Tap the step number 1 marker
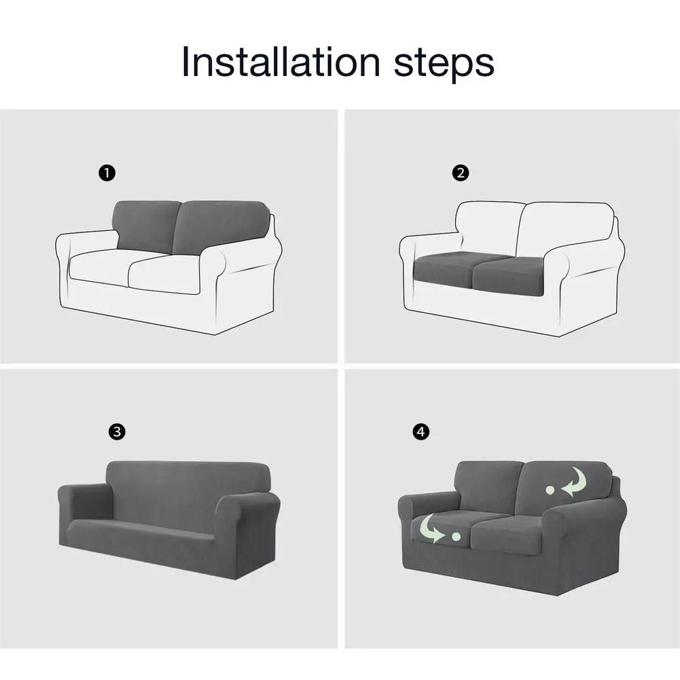click(107, 173)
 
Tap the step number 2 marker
click(460, 173)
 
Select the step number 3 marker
click(117, 431)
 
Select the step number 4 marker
click(420, 431)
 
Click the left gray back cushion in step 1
click(145, 226)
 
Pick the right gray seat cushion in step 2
click(507, 276)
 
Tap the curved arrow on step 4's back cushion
click(575, 482)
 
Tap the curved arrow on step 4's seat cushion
click(430, 529)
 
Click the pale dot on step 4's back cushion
click(550, 490)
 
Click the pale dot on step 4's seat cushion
click(456, 537)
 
